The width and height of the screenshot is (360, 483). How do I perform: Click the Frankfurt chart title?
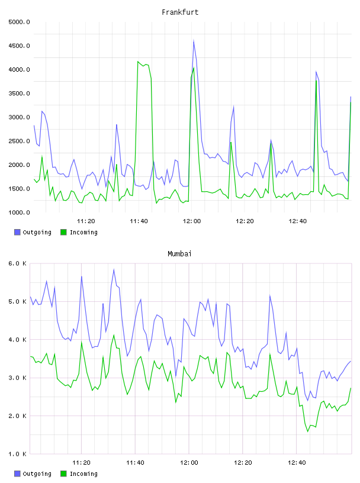coord(180,12)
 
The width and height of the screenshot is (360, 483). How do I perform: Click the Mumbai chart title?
coord(179,253)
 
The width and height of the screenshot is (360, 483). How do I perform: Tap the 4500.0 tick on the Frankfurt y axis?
coord(19,46)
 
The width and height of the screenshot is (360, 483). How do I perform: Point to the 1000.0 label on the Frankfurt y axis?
coord(19,212)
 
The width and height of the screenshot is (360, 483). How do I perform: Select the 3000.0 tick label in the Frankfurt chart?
coord(19,117)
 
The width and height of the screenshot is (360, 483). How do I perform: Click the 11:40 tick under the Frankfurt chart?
coord(139,221)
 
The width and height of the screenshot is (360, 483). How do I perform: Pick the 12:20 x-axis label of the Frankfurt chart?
coord(245,221)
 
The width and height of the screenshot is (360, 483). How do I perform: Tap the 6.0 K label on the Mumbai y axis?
coord(17,263)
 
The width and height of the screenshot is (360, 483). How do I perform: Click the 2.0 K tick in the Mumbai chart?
coord(17,416)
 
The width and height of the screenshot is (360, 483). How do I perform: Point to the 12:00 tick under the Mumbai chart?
coord(189,462)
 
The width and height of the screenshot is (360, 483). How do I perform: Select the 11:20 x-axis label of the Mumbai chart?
coord(81,462)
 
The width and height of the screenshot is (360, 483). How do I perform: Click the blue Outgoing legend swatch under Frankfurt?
coord(17,232)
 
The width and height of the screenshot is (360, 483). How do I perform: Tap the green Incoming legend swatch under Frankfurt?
coord(63,232)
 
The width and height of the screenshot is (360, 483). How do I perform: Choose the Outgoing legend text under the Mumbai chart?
coord(37,474)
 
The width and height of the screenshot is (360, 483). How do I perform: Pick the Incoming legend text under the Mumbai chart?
coord(83,474)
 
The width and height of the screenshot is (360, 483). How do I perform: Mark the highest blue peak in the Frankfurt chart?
coord(194,40)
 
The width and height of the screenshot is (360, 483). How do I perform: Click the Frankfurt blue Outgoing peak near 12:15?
coord(234,107)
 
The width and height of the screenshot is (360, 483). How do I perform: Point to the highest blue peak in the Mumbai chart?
coord(114,269)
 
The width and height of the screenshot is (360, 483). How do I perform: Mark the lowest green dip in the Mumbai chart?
coord(308,432)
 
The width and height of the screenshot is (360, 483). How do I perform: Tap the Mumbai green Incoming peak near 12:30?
coord(269,354)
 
